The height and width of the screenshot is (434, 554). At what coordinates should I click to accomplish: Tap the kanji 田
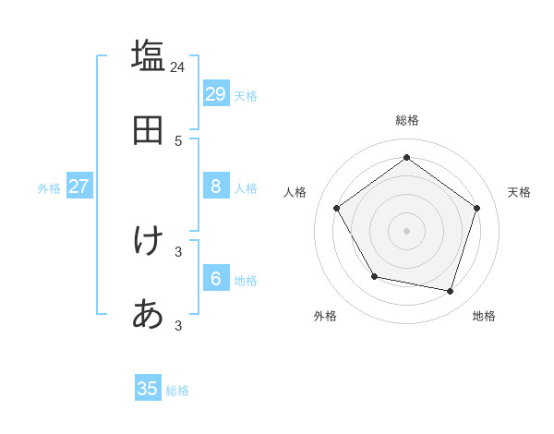148,131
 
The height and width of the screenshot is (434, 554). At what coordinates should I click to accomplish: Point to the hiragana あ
148,315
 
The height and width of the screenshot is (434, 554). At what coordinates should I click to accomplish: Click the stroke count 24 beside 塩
177,66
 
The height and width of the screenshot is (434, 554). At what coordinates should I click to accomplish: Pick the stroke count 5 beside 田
178,141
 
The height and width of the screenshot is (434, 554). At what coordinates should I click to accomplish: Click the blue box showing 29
216,93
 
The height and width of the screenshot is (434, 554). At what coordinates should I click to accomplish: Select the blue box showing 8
216,186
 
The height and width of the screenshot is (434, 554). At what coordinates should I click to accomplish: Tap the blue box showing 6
216,278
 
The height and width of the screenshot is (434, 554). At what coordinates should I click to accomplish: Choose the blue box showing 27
79,186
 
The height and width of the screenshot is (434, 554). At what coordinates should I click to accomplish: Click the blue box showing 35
148,389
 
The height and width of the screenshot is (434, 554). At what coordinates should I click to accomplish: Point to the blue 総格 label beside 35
177,391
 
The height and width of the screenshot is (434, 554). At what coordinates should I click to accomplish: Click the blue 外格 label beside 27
49,188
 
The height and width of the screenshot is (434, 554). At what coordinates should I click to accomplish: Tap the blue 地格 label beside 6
246,281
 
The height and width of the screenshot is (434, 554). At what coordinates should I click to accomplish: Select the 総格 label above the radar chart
407,120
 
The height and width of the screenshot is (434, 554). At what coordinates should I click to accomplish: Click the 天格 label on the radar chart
519,192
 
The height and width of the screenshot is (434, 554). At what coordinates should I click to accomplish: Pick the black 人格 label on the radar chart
295,192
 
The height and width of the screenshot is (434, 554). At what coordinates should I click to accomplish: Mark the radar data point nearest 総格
406,158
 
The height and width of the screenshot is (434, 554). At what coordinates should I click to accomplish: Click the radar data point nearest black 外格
374,276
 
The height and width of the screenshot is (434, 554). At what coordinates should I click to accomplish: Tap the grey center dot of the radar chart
406,230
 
